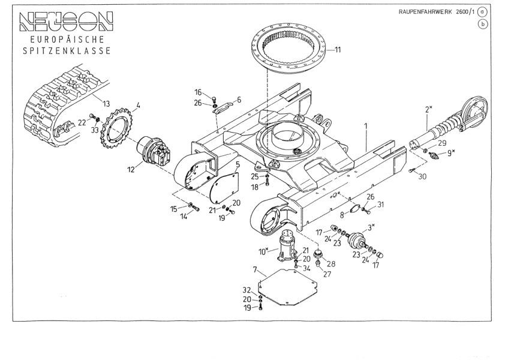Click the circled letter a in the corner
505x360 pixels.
point(482,12)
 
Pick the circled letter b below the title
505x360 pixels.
point(482,24)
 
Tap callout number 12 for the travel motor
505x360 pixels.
point(131,170)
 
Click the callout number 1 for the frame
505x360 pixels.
point(365,127)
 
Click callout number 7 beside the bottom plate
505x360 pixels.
point(255,270)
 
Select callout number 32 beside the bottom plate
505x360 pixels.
point(247,290)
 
